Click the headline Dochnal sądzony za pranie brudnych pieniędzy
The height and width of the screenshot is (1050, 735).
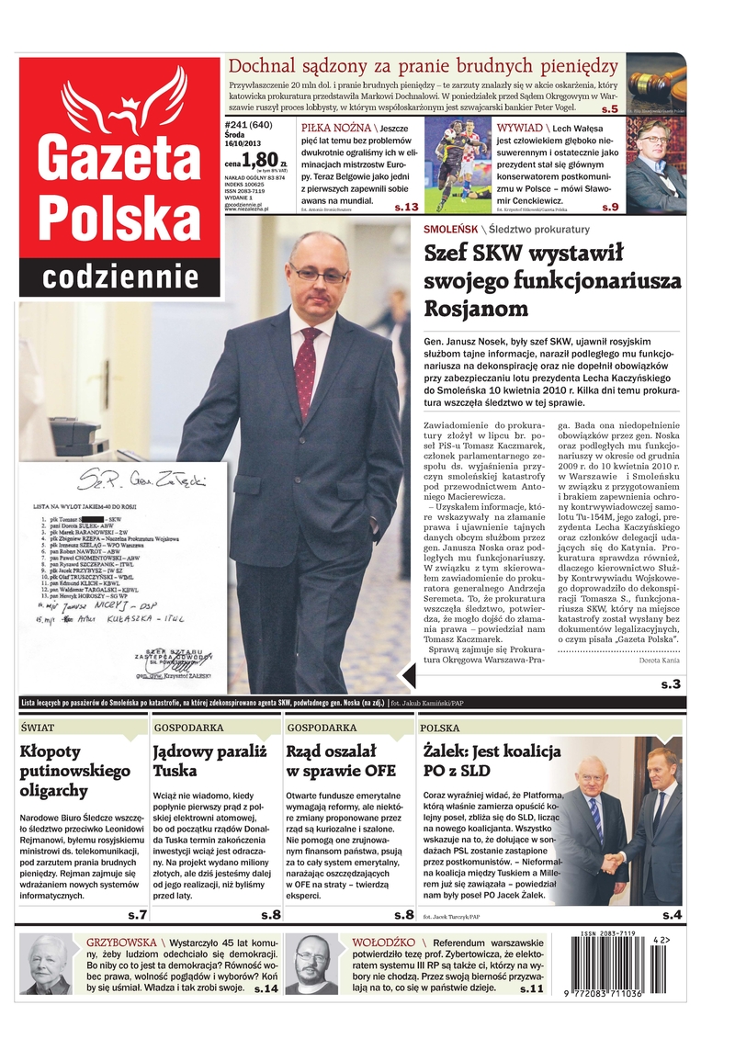[x=423, y=66]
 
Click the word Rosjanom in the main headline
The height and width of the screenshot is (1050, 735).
[x=476, y=308]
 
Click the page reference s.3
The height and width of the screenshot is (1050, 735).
[x=670, y=684]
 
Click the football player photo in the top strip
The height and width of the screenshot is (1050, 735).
[x=458, y=165]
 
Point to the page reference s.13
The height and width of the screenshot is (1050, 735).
[x=406, y=208]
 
